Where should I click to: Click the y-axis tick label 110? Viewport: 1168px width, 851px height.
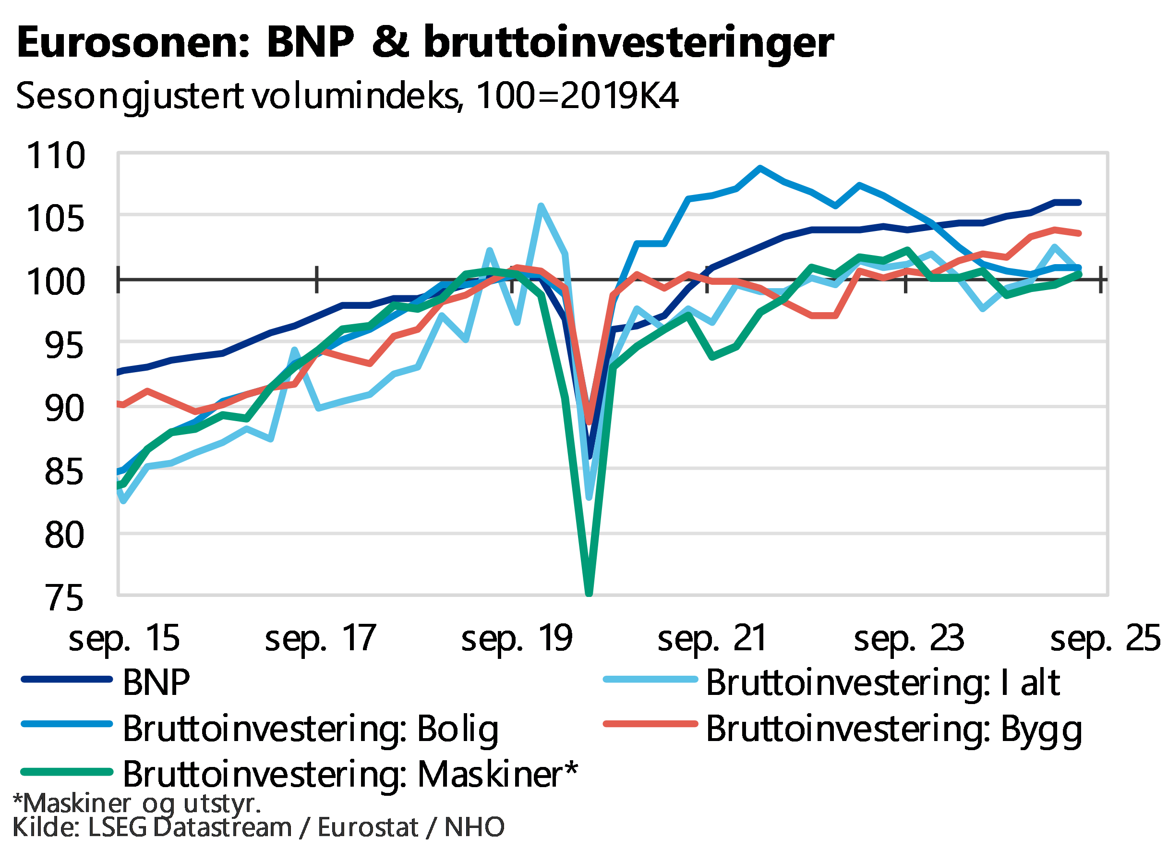click(x=56, y=155)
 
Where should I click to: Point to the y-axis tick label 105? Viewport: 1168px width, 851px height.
click(x=56, y=219)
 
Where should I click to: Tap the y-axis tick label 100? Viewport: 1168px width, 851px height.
click(x=56, y=282)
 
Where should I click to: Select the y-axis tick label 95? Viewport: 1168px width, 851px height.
click(x=63, y=345)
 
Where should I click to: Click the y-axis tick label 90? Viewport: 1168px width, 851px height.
click(x=63, y=409)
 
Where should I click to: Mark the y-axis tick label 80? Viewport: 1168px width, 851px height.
click(x=63, y=535)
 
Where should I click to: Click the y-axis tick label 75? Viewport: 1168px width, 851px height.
click(x=63, y=597)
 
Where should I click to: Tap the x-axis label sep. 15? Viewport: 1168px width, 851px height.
click(x=125, y=639)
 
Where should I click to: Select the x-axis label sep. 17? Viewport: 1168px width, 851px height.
click(x=321, y=639)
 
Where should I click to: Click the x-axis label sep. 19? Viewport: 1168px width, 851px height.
click(x=517, y=639)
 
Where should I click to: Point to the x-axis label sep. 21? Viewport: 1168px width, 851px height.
click(x=713, y=639)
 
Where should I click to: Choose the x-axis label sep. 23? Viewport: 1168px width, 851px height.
click(x=909, y=639)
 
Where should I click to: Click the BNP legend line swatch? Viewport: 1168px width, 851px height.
click(x=67, y=680)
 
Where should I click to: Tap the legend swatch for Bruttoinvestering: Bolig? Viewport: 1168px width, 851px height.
click(x=67, y=724)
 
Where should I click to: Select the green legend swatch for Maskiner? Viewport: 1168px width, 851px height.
click(x=67, y=772)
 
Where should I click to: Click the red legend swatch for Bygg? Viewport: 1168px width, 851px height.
click(x=650, y=724)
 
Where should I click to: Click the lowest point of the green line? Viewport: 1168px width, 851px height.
click(x=589, y=594)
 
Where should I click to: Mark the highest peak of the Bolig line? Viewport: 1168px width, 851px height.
click(x=760, y=168)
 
